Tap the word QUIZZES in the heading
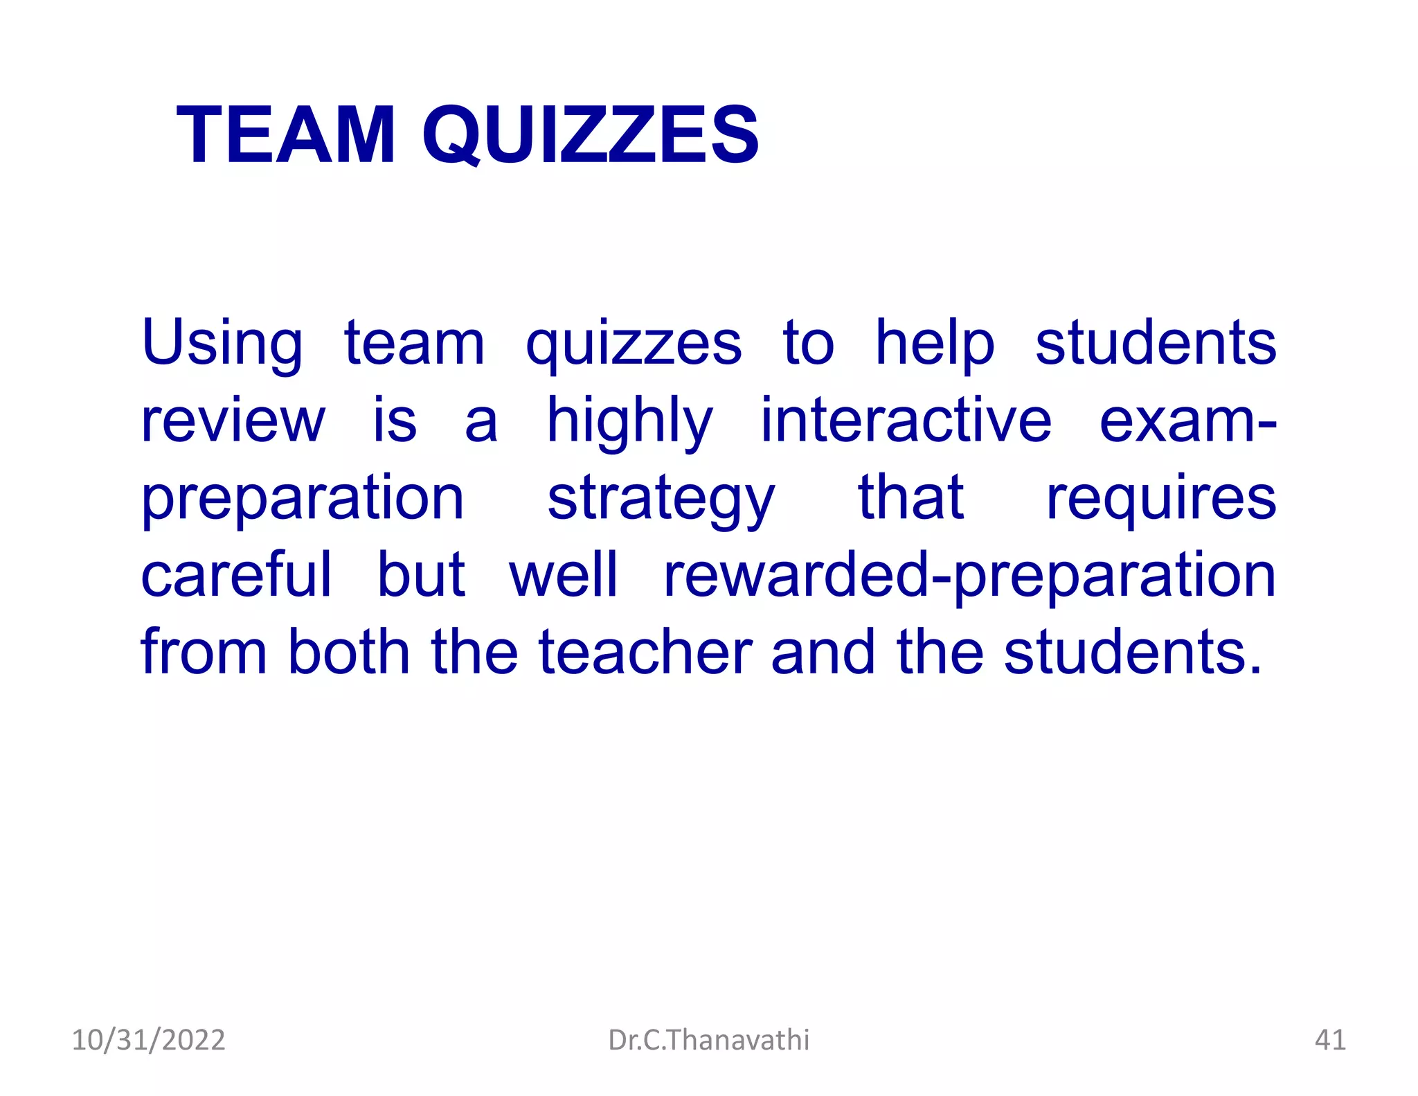tap(591, 136)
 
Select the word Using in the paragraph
tap(222, 344)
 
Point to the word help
tap(935, 344)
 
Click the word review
tap(233, 421)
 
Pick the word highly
tap(629, 421)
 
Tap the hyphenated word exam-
tap(1187, 421)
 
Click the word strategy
tap(661, 499)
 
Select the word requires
tap(1160, 499)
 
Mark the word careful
tap(236, 575)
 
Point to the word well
tap(563, 575)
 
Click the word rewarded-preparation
tap(969, 576)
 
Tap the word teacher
tap(645, 653)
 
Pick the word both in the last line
tap(349, 653)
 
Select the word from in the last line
tap(204, 653)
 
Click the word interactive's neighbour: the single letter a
tap(481, 423)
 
